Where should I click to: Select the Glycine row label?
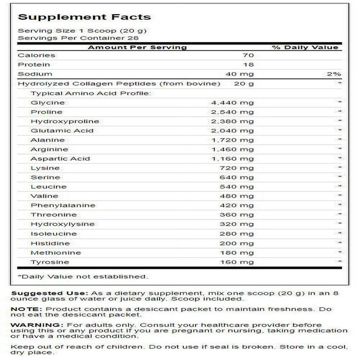coord(48,103)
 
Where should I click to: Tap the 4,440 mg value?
coord(232,103)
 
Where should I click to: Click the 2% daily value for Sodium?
coord(334,74)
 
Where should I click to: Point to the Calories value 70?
coord(249,56)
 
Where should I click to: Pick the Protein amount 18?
coord(249,65)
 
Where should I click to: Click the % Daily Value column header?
coord(306,47)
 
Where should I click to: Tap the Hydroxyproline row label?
coord(66,121)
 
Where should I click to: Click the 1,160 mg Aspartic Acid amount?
coord(232,159)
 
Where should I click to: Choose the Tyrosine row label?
coord(51,262)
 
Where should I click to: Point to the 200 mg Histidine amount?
coord(237,243)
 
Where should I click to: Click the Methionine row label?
coord(56,253)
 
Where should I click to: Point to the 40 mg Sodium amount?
coord(242,74)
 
